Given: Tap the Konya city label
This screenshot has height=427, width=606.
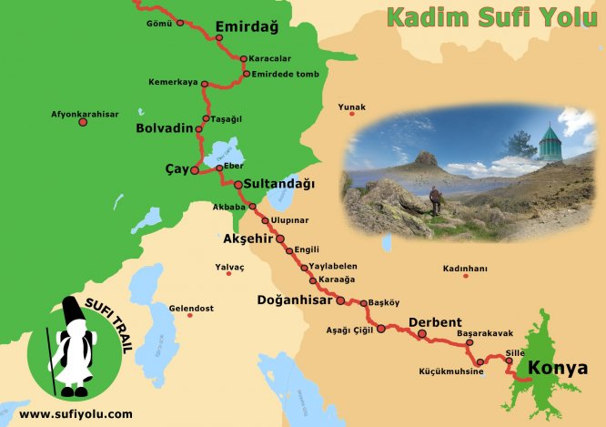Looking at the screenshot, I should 558,369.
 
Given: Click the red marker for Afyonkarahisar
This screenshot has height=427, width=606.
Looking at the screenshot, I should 83,122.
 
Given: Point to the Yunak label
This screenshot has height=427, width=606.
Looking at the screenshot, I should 351,107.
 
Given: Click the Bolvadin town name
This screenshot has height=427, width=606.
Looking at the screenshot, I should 165,127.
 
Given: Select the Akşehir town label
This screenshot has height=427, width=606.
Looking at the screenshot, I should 247,239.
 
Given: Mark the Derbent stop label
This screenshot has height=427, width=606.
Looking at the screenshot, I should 435,322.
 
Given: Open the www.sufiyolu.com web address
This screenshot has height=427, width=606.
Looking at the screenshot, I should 76,413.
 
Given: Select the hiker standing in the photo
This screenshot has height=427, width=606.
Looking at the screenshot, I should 435,199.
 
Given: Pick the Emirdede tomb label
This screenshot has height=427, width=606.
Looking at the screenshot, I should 286,74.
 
